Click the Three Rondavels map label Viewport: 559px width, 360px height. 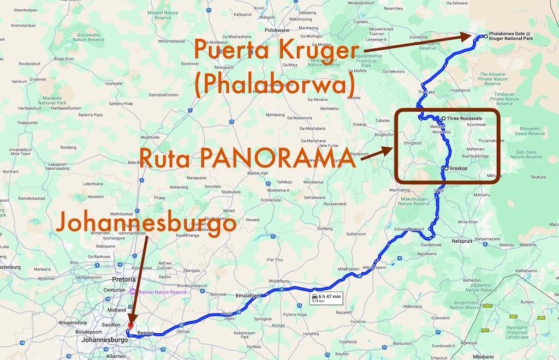coord(463,118)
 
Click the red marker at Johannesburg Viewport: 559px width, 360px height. coord(130,325)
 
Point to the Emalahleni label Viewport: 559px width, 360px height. coord(247,295)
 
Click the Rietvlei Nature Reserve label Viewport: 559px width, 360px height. coord(163,292)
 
